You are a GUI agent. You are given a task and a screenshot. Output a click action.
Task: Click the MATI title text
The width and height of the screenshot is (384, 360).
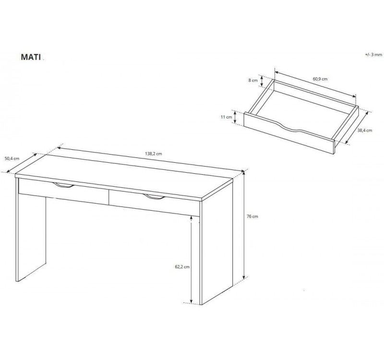[x=31, y=57]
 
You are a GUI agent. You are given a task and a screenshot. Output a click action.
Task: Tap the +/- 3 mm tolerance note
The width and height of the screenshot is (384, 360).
[x=373, y=55]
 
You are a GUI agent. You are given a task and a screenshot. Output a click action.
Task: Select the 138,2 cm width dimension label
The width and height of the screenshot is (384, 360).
[x=153, y=154]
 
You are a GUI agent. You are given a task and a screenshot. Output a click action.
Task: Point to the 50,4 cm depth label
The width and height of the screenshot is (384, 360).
[x=12, y=158]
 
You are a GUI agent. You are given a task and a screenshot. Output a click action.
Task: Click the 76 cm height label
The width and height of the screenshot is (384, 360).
[x=252, y=216]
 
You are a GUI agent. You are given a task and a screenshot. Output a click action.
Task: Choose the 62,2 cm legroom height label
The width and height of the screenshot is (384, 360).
[x=182, y=267]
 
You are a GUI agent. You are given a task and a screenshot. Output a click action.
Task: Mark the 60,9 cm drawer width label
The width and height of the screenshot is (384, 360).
[x=320, y=79]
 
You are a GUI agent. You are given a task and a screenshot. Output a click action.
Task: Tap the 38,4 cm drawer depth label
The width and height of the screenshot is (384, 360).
[x=365, y=130]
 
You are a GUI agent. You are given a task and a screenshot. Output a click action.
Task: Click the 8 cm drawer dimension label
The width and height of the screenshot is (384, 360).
[x=253, y=80]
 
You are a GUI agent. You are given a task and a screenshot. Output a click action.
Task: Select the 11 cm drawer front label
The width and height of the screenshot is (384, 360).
[x=226, y=117]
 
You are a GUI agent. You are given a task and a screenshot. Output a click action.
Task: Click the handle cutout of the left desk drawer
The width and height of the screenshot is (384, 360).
[x=63, y=185]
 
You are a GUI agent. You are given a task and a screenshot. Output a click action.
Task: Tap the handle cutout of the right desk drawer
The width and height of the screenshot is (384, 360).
[x=154, y=197]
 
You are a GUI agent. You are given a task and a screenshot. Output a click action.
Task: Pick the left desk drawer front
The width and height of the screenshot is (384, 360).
[x=63, y=191]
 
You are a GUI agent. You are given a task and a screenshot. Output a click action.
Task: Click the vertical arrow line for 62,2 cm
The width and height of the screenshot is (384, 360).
[x=191, y=260]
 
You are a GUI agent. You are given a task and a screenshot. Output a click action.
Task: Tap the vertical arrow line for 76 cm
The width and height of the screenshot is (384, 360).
[x=244, y=225]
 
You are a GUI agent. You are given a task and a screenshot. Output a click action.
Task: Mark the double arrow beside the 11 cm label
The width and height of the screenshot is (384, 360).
[x=235, y=117]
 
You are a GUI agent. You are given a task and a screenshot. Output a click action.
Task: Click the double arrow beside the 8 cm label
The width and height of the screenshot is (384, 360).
[x=262, y=81]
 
